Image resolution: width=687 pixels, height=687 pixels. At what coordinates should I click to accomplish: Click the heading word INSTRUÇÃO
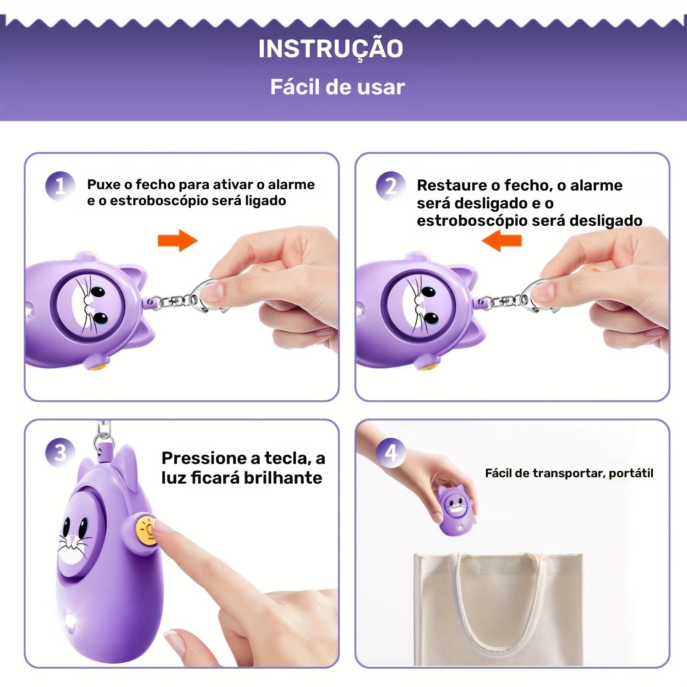pos(331,49)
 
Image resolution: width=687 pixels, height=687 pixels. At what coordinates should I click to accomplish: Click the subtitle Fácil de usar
pos(338,87)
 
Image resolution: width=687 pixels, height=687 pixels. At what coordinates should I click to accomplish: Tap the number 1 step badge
pos(60,186)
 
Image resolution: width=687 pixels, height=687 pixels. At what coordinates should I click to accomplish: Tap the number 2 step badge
pos(391,186)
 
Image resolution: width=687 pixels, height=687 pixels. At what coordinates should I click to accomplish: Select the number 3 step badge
pos(60,453)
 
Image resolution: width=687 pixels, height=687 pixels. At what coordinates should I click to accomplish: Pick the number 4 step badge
pos(391,453)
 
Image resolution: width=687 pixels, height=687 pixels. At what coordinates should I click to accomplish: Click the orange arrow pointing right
pos(178,240)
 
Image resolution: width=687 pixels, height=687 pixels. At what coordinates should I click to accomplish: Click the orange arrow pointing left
pos(502,240)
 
